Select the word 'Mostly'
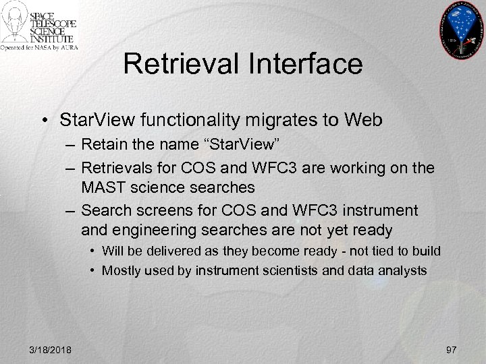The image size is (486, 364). coord(121,271)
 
